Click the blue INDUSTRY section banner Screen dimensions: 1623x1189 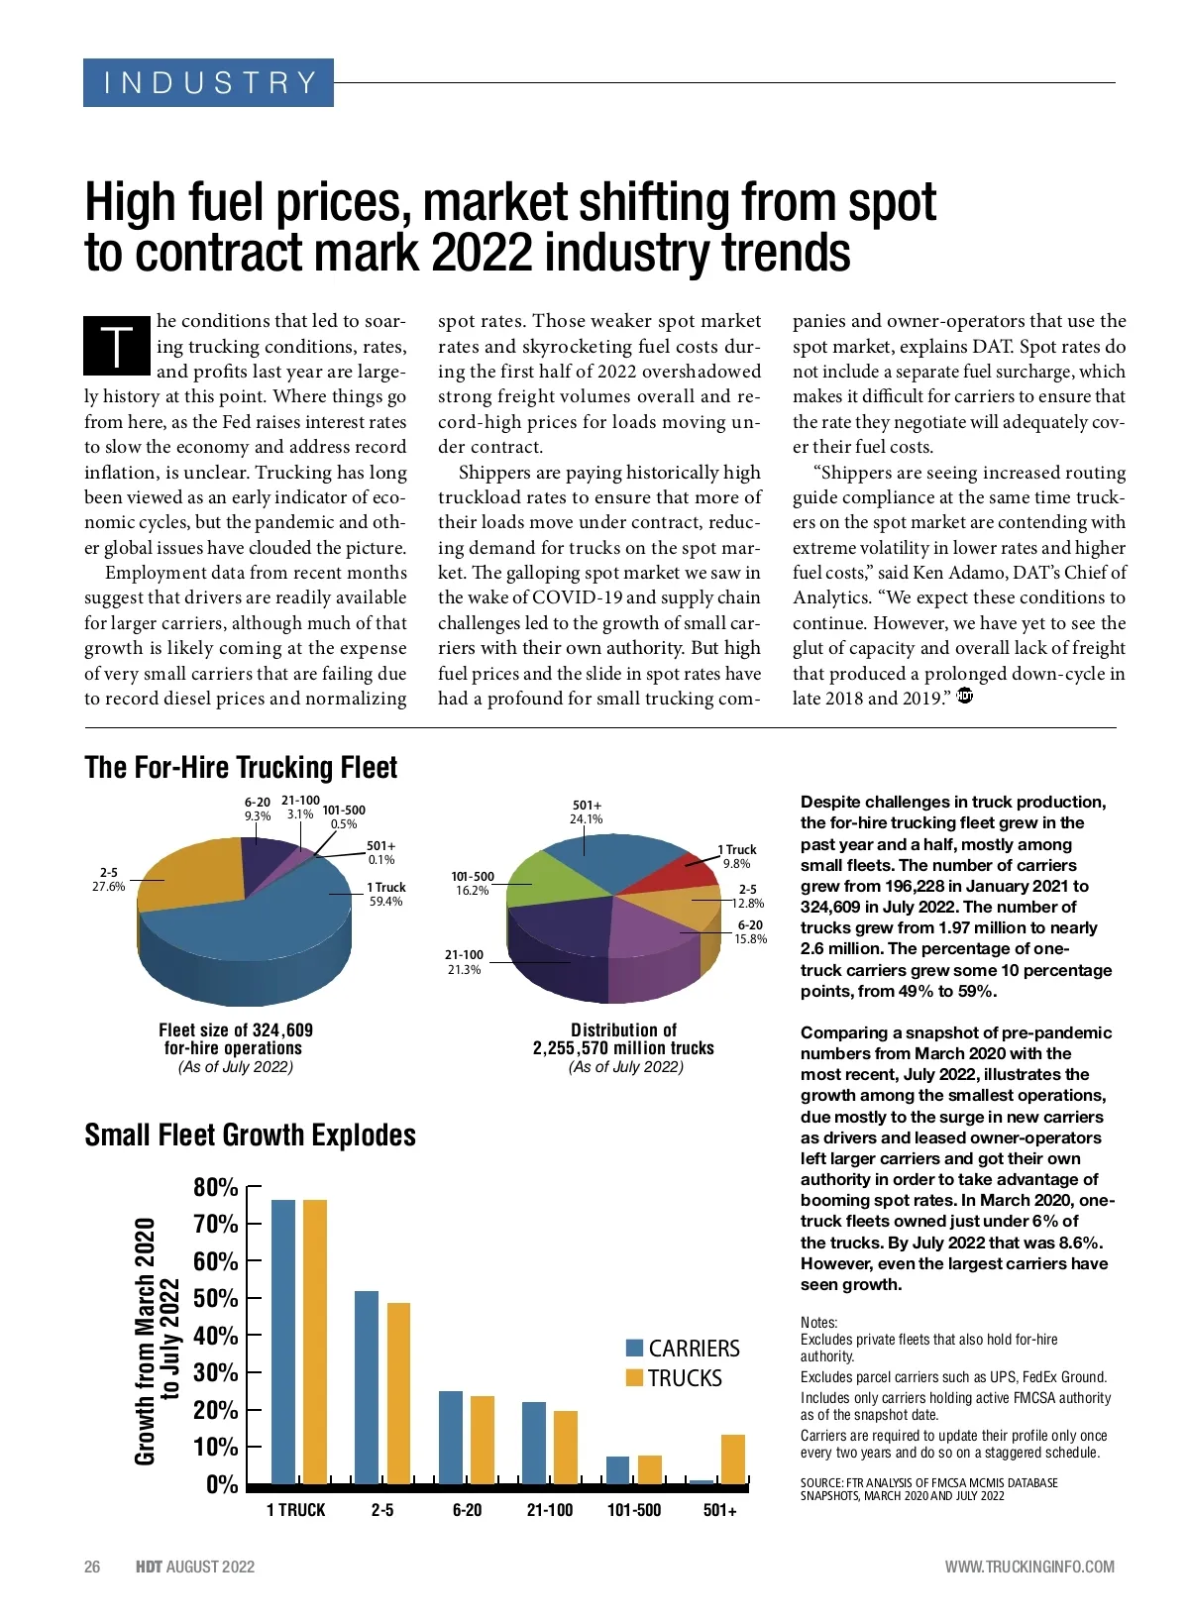click(208, 82)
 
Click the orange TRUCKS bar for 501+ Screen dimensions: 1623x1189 click(732, 1459)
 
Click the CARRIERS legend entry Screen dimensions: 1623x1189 click(683, 1348)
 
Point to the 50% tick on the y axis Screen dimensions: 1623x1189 click(216, 1298)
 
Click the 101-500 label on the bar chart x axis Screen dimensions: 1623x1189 click(634, 1510)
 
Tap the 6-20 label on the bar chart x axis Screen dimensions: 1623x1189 click(467, 1510)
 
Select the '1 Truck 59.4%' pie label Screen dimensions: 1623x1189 click(385, 894)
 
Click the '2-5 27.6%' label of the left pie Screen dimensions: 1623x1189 click(108, 880)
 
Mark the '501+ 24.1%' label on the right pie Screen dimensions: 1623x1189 click(587, 812)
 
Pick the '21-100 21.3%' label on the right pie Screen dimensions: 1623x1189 click(464, 962)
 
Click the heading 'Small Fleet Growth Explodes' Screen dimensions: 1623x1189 click(250, 1135)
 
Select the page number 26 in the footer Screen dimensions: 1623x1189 click(92, 1567)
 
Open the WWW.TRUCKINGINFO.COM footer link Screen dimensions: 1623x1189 click(1029, 1567)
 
